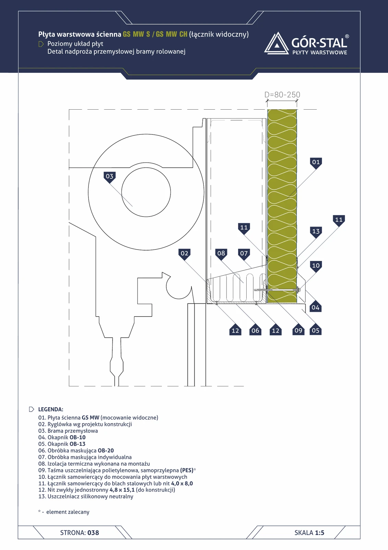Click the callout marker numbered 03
coord(109,177)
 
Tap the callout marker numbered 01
coord(316,163)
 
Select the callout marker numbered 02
coord(184,254)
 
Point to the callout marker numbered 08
coord(221,254)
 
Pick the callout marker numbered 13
coord(316,232)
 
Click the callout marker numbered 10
coord(316,266)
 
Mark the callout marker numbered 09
coord(298,330)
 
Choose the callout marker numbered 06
coord(255,330)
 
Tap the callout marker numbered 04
coord(316,307)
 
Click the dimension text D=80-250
coord(282,95)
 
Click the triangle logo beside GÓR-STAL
coord(277,43)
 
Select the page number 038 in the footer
coord(93,532)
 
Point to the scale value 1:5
coord(320,532)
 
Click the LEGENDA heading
coord(51,409)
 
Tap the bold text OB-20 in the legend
coord(106,451)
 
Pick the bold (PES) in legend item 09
coord(187,471)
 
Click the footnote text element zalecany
coord(68,512)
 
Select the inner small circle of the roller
coord(146,192)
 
